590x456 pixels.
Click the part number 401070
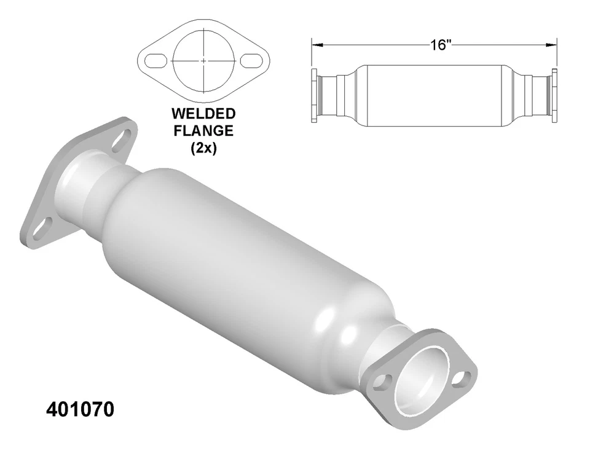(80, 410)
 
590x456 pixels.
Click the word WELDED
(203, 114)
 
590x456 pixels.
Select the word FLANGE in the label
(203, 131)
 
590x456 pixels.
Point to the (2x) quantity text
(203, 147)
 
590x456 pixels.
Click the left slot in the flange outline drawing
(155, 61)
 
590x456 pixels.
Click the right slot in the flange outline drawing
(251, 61)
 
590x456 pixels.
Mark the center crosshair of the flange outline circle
(203, 61)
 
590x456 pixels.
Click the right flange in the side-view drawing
(554, 96)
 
